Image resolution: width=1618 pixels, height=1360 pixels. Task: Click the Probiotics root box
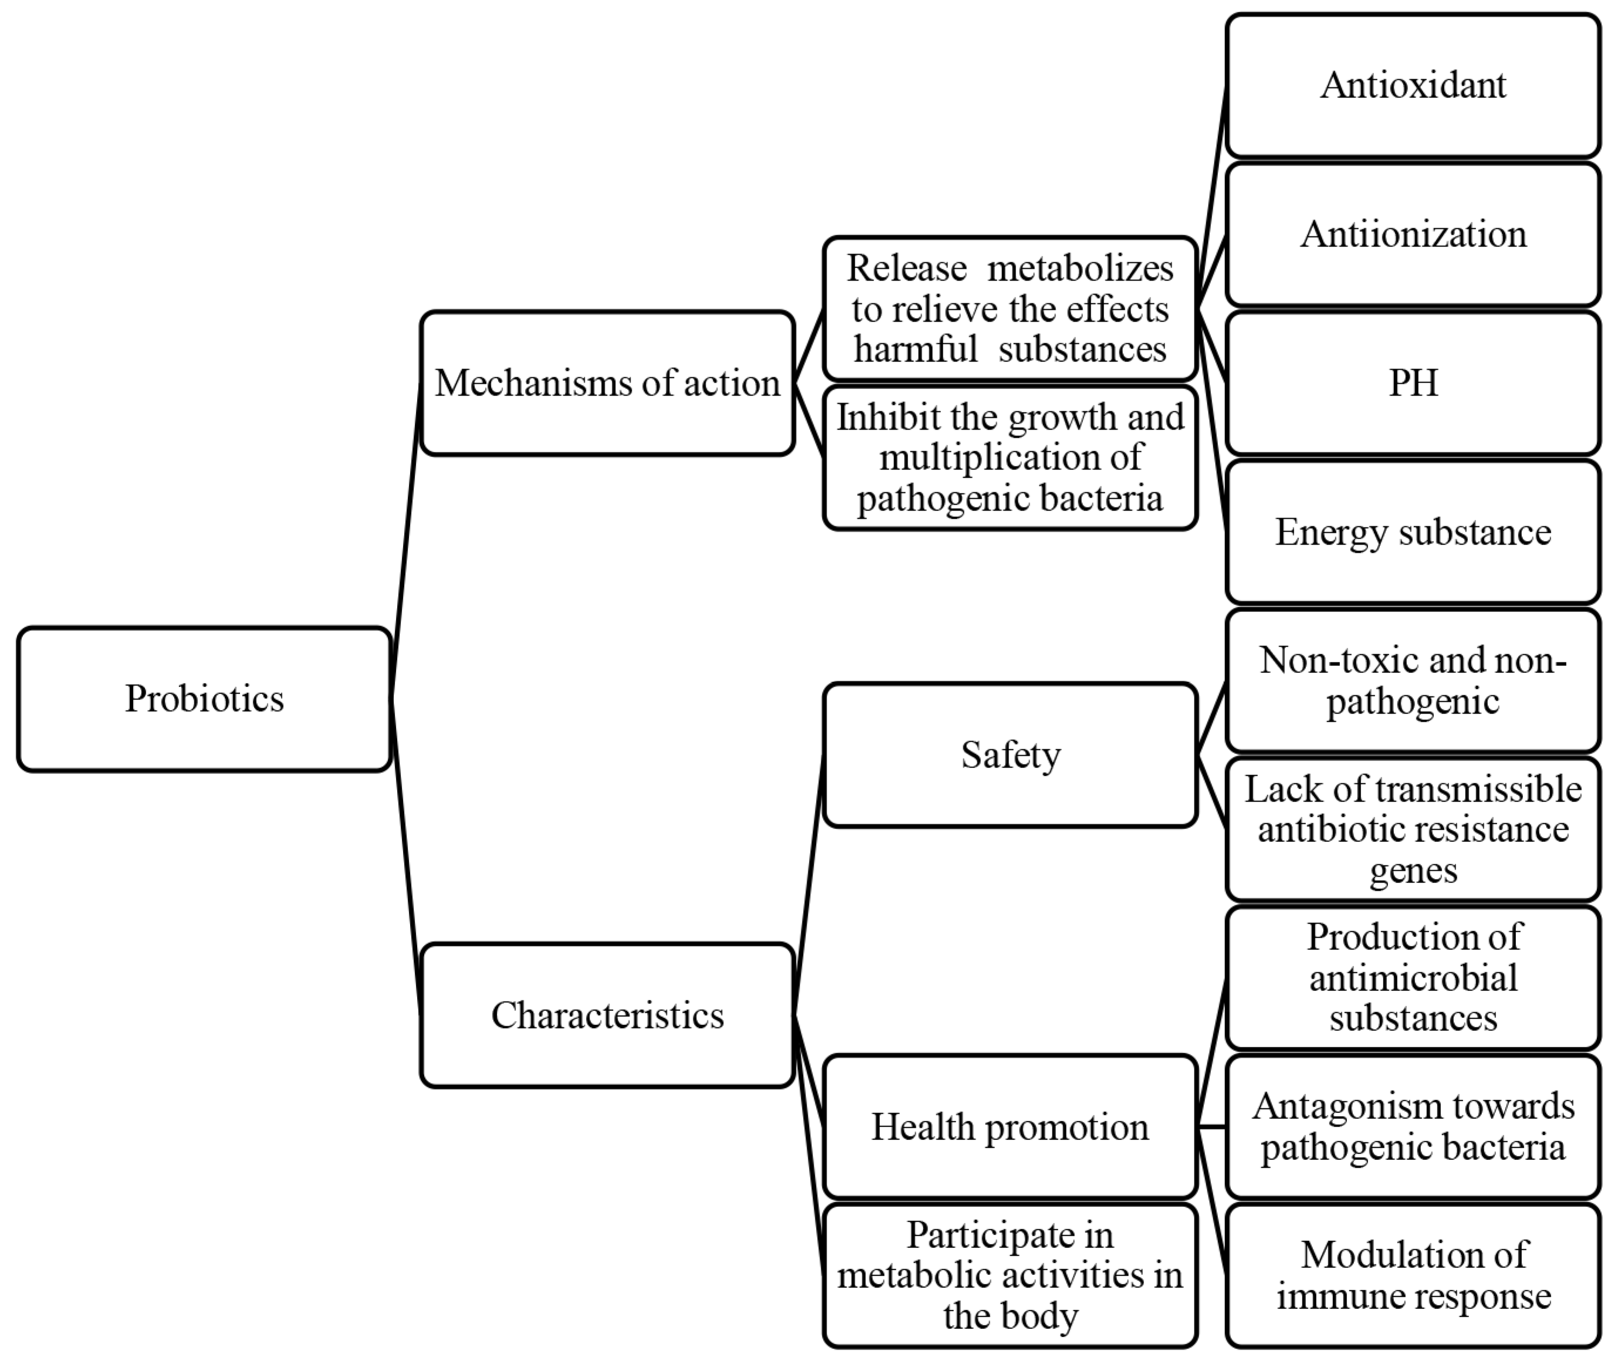[204, 699]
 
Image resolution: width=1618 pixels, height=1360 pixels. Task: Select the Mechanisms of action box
[607, 383]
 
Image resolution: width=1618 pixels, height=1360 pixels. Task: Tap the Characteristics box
[607, 1016]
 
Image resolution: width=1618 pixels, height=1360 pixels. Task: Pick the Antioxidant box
[1412, 85]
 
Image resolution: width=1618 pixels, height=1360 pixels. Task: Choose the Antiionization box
[1412, 234]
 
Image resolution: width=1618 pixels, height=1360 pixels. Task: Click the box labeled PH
[1412, 383]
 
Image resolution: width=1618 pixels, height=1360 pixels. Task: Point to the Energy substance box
[1412, 532]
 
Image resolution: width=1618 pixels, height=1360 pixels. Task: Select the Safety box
[1010, 755]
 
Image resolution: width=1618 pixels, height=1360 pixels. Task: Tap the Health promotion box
[1010, 1126]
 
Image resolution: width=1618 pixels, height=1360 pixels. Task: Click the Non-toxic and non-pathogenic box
[1412, 680]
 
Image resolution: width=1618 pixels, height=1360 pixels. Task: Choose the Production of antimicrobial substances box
[1412, 977]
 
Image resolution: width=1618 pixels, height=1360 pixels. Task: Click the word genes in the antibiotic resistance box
[1412, 871]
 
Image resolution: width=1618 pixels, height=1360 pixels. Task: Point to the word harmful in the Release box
[915, 349]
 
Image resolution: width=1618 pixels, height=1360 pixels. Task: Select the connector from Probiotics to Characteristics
[406, 856]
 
